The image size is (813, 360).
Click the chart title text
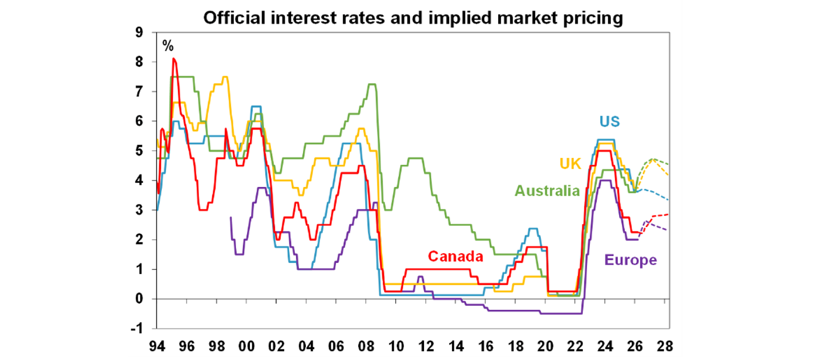(x=413, y=18)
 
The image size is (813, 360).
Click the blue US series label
(x=609, y=121)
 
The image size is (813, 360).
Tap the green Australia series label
(x=547, y=191)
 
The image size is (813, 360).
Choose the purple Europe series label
(x=630, y=260)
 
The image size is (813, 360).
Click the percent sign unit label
(x=168, y=46)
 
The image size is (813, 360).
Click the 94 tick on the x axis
(x=157, y=347)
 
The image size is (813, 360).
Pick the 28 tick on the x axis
(x=665, y=347)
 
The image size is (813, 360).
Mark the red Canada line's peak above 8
(x=174, y=59)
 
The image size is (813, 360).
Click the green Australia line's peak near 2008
(x=372, y=84)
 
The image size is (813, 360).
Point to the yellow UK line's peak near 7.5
(x=225, y=77)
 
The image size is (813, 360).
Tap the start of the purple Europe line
(x=231, y=217)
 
